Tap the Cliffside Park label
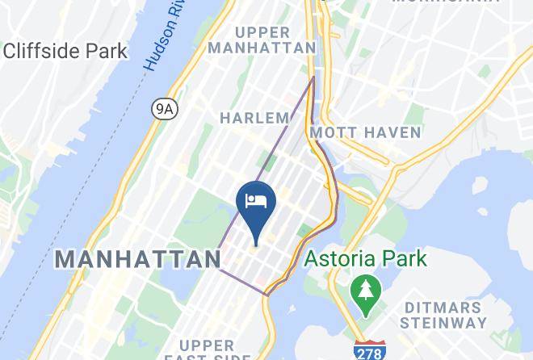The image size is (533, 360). pos(65,52)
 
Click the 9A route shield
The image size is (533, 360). pos(164,109)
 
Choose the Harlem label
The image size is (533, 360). pos(254,118)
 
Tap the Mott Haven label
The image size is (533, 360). pos(365,132)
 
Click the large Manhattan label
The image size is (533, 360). pos(137,259)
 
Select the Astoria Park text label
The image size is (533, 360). pos(366,259)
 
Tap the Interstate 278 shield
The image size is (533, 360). pos(369,350)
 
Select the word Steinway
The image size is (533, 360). pos(453,324)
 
